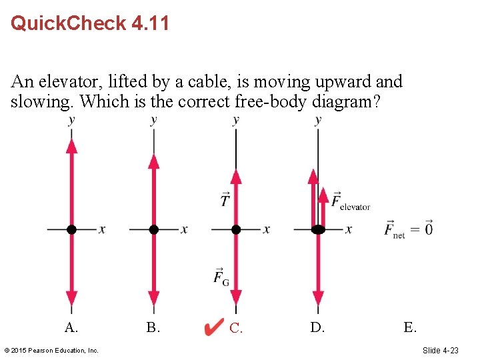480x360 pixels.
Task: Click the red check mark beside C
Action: tap(213, 327)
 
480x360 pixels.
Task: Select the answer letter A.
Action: tap(71, 327)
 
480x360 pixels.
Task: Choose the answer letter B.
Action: tap(153, 327)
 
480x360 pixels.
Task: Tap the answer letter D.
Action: tap(317, 327)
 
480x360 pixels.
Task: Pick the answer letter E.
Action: tap(410, 327)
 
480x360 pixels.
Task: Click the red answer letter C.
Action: tap(236, 327)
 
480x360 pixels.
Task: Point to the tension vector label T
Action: tap(225, 199)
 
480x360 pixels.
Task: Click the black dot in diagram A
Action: tap(72, 229)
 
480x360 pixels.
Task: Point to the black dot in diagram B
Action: tap(154, 229)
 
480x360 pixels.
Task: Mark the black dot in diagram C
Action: tap(236, 229)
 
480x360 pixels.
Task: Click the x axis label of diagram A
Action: tap(102, 229)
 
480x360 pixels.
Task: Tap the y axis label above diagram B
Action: tap(154, 120)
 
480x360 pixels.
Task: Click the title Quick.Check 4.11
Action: tap(90, 24)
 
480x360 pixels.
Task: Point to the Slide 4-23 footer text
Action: tap(440, 350)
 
